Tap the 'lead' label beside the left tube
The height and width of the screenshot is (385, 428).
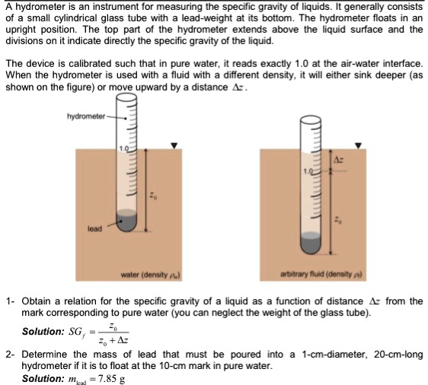click(94, 227)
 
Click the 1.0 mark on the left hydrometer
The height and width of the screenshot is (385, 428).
click(123, 145)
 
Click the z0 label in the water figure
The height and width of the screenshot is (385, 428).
click(152, 196)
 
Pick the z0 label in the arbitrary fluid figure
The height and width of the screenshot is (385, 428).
click(340, 220)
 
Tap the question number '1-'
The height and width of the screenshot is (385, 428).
click(10, 301)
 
